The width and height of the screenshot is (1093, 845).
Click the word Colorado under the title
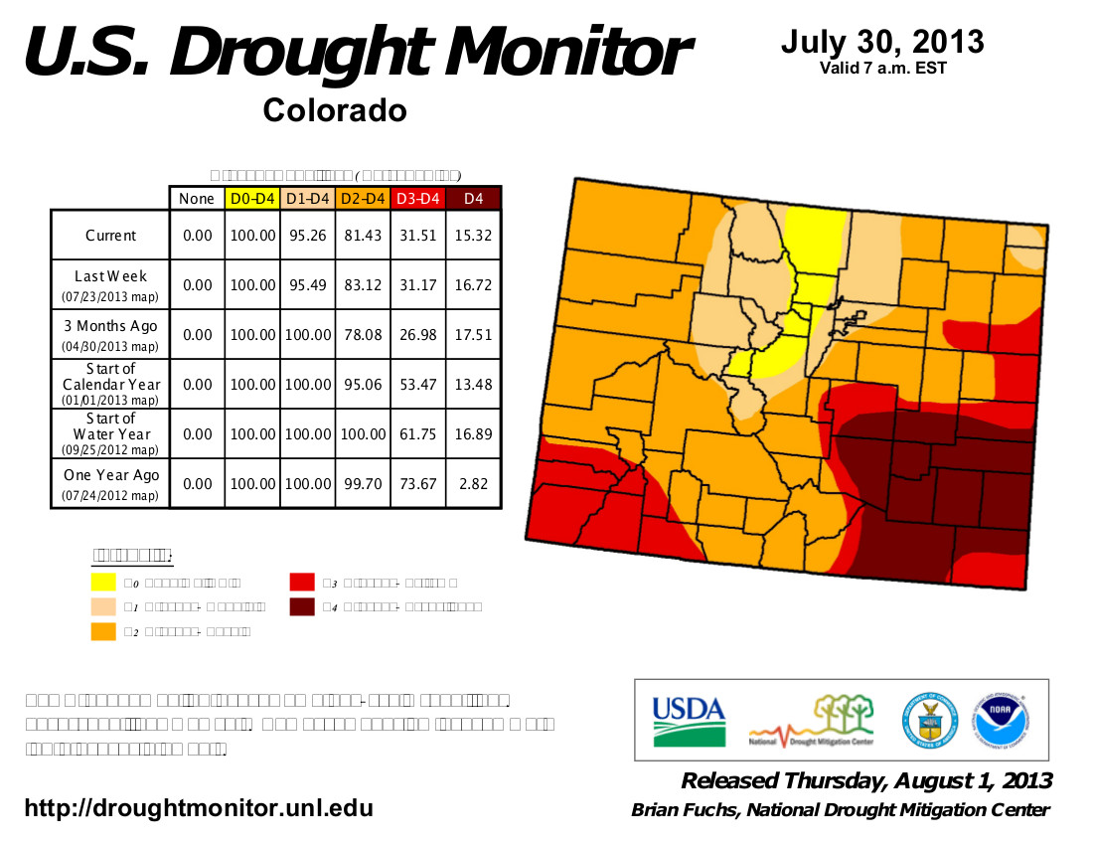(335, 110)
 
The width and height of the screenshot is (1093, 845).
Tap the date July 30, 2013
(882, 43)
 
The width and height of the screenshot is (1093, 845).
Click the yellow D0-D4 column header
(252, 199)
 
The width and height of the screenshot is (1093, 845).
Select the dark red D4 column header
(474, 199)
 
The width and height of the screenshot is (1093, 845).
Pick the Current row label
(110, 236)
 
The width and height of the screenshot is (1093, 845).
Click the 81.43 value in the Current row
(363, 236)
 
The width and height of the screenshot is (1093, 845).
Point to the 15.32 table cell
(474, 236)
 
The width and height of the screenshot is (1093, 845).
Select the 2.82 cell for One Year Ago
(474, 484)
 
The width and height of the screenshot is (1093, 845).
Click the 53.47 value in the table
(418, 385)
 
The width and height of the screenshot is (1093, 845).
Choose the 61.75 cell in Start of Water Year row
(418, 434)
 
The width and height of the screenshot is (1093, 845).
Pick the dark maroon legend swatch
(302, 605)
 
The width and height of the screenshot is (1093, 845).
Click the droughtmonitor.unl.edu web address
(199, 808)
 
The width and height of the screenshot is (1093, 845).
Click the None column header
(197, 199)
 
